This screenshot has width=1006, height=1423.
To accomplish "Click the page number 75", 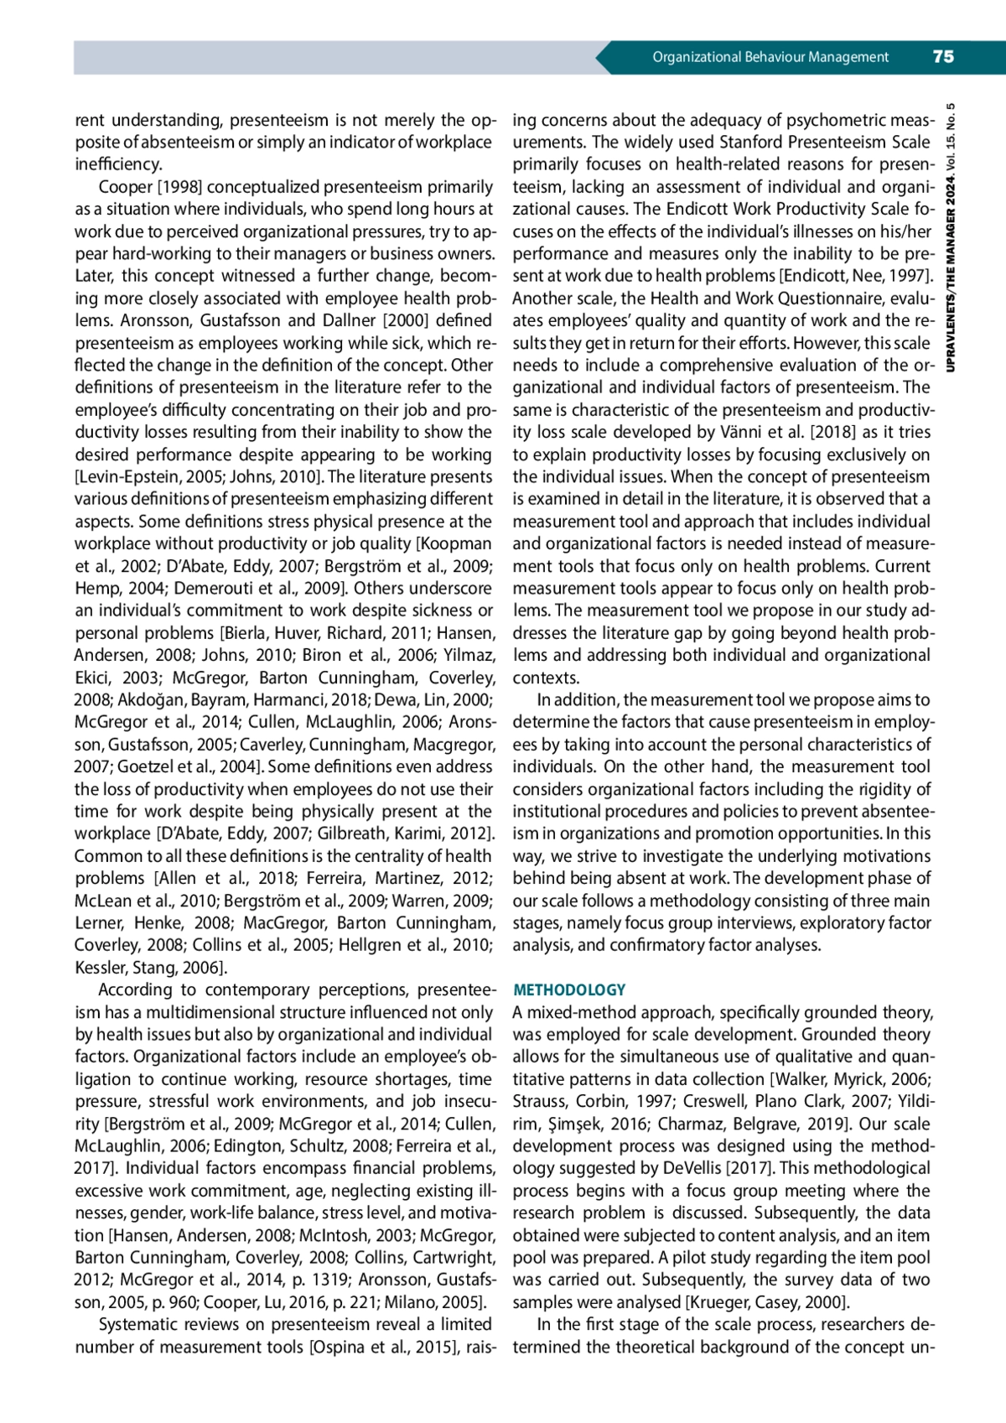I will (943, 57).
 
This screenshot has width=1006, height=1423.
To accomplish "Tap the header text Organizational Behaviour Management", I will (770, 57).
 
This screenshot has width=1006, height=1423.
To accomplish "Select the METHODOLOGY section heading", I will (569, 990).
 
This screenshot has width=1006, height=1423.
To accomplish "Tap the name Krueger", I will (718, 1303).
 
